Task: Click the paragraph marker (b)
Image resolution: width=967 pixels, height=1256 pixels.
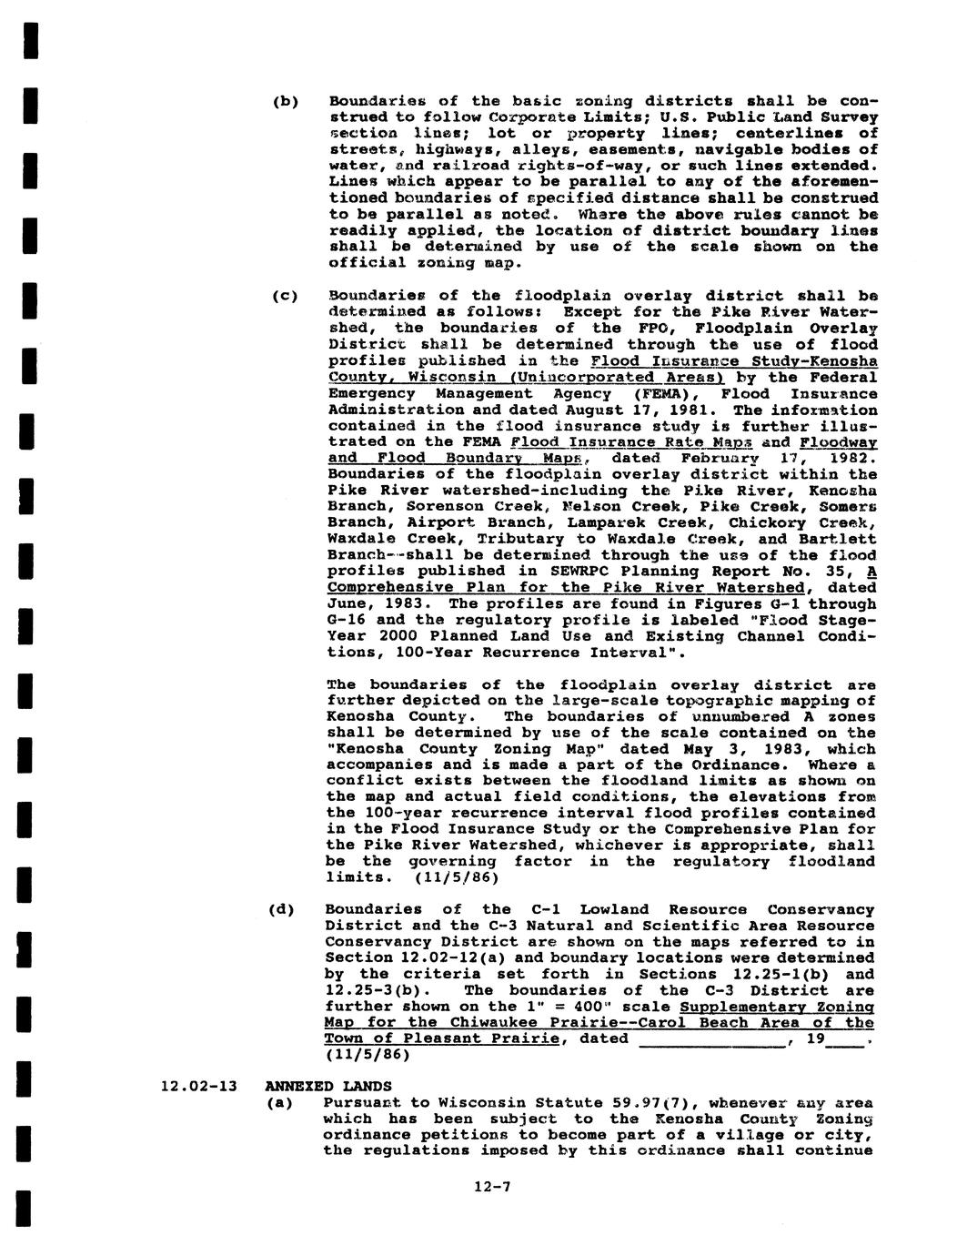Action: (x=284, y=101)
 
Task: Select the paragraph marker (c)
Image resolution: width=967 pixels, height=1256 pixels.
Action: (x=284, y=296)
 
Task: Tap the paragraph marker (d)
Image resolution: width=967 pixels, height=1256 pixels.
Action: (x=282, y=909)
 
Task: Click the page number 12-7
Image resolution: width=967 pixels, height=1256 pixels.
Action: (x=493, y=1187)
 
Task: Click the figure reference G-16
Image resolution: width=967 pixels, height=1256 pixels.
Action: (x=349, y=620)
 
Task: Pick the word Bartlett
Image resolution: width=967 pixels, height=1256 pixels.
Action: (x=840, y=540)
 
